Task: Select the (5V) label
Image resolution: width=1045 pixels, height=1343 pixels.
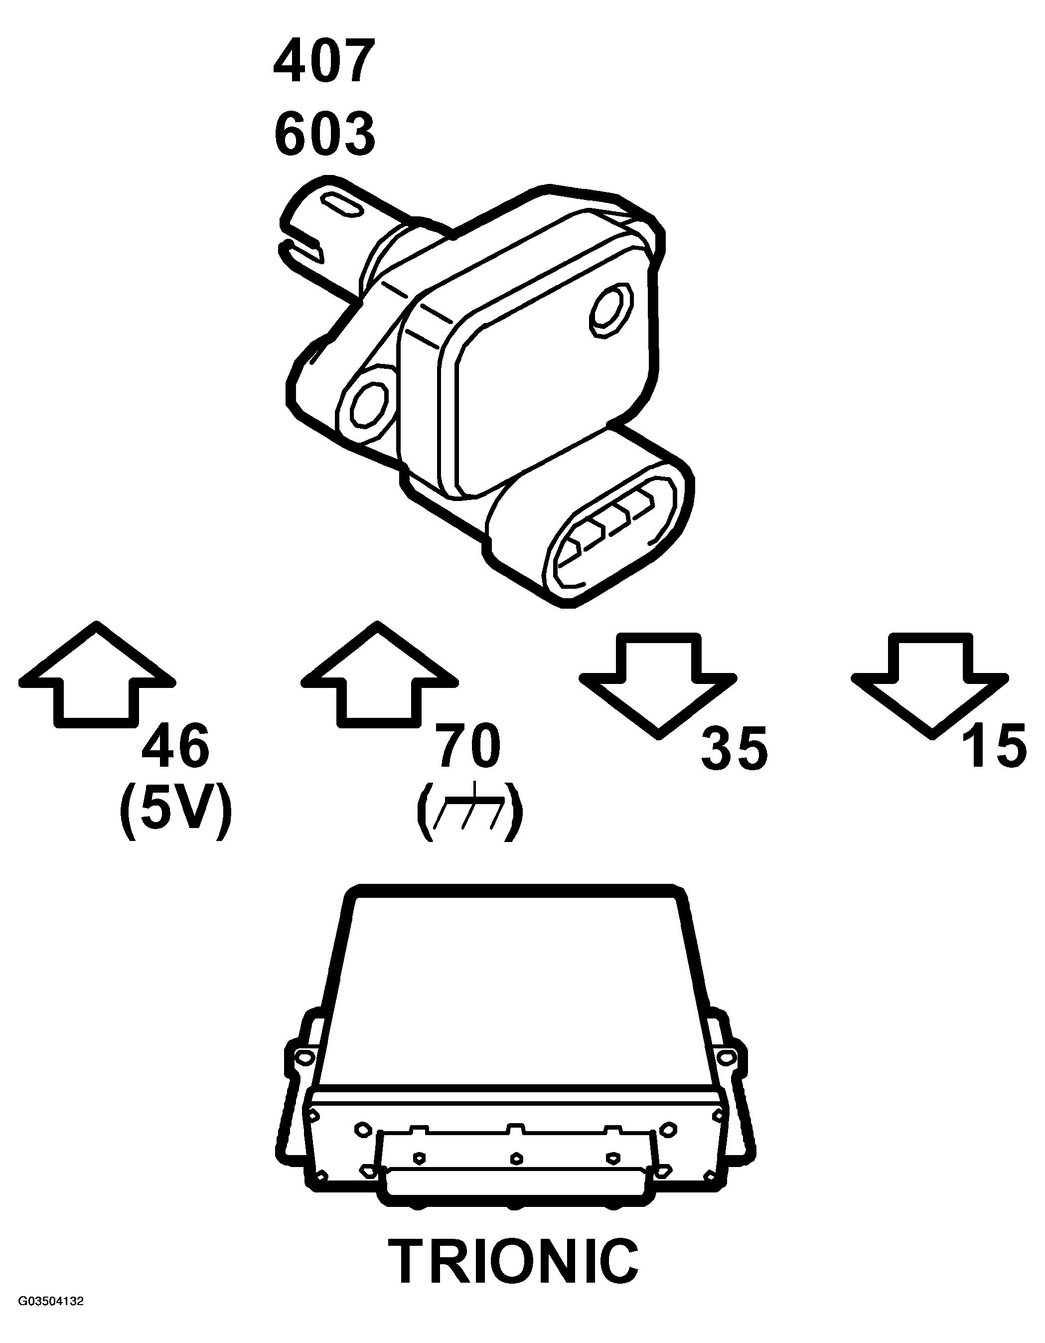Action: click(x=176, y=811)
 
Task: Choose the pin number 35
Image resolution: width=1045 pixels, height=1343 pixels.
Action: click(x=734, y=749)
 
